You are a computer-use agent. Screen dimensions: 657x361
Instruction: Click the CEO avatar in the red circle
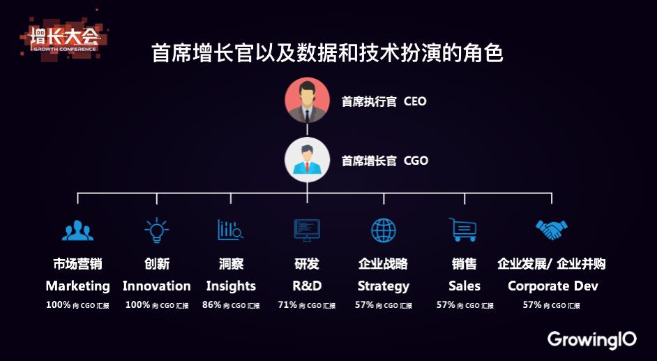point(307,101)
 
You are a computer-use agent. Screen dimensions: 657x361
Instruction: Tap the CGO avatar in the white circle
point(307,160)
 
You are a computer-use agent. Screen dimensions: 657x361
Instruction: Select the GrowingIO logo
point(591,339)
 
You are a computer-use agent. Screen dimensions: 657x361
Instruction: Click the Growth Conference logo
point(63,38)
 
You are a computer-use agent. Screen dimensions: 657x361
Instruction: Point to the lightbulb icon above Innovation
point(157,230)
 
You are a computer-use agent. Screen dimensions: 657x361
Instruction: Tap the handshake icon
point(552,229)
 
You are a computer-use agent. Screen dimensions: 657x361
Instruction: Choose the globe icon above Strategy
point(384,230)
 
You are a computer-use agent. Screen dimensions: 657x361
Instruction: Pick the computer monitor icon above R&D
point(307,230)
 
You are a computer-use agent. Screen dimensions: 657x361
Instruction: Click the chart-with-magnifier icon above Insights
point(230,230)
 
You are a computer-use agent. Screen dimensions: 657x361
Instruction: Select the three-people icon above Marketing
point(77,230)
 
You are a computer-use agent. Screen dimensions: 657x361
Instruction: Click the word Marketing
point(78,286)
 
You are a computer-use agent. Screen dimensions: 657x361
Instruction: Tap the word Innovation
point(157,286)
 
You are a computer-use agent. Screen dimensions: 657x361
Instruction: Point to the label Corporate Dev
point(553,286)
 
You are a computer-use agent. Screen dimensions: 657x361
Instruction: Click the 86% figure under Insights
point(211,305)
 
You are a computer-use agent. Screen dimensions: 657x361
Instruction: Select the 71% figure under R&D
point(287,305)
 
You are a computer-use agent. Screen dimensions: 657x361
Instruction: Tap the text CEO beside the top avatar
point(415,101)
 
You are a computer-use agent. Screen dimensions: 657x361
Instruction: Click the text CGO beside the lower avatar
point(416,161)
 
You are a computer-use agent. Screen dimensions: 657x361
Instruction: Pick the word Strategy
point(384,286)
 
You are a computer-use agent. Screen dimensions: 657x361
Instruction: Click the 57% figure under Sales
point(446,305)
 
